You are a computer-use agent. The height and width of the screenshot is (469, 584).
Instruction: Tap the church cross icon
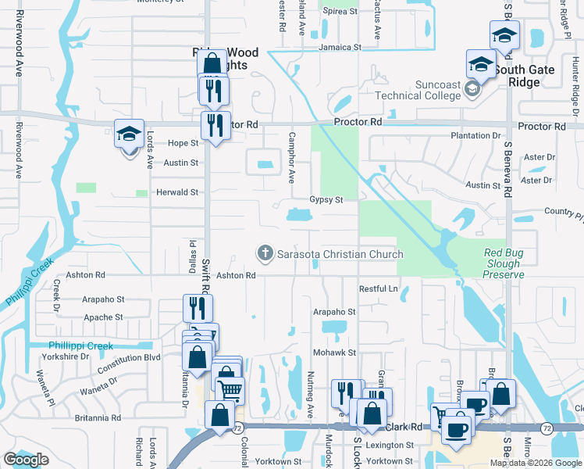265,253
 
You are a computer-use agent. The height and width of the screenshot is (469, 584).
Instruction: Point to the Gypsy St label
326,200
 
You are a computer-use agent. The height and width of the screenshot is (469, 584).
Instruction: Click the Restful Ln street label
379,288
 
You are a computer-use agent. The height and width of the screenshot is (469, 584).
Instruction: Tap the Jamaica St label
340,47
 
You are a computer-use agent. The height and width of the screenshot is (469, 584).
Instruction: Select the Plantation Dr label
475,136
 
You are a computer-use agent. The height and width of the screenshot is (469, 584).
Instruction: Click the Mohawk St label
335,353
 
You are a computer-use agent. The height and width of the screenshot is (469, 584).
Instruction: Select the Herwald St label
178,192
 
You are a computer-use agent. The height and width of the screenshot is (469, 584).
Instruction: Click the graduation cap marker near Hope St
129,134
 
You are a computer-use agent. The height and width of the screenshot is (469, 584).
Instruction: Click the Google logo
26,460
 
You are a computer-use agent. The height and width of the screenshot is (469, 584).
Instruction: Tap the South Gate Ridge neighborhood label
531,76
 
